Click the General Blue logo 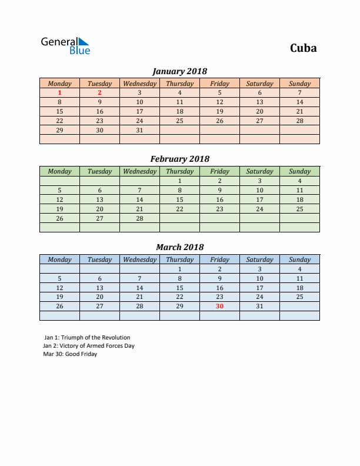coord(65,46)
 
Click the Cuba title coord(303,48)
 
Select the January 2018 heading coord(179,71)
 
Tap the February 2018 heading coord(179,159)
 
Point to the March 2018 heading coord(179,247)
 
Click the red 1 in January coord(59,92)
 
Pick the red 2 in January coord(99,92)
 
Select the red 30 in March coord(219,306)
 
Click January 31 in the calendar coord(139,130)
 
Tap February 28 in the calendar coord(139,218)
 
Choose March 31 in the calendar coord(259,306)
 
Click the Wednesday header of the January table coord(139,84)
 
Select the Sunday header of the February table coord(299,171)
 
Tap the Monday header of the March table coord(59,259)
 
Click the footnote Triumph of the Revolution coord(87,338)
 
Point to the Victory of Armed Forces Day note coord(89,346)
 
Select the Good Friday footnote coord(70,354)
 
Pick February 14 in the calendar coord(139,199)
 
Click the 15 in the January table coord(59,111)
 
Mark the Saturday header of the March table coord(259,259)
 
